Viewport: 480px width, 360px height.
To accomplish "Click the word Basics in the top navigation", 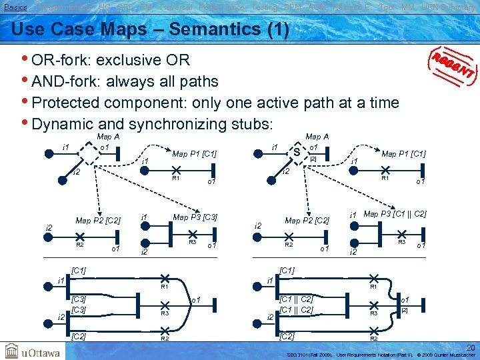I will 15,7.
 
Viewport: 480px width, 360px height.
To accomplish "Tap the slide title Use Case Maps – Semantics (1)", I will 151,30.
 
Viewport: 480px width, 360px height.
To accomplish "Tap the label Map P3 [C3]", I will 195,217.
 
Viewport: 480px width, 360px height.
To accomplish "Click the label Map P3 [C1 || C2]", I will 395,214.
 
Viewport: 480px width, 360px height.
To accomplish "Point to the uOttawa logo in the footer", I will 33,350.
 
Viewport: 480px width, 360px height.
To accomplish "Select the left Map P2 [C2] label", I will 98,220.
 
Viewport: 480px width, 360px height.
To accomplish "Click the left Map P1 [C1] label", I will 195,154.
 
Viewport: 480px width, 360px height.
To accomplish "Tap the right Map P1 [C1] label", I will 403,154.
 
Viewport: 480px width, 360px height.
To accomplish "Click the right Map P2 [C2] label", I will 307,220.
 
